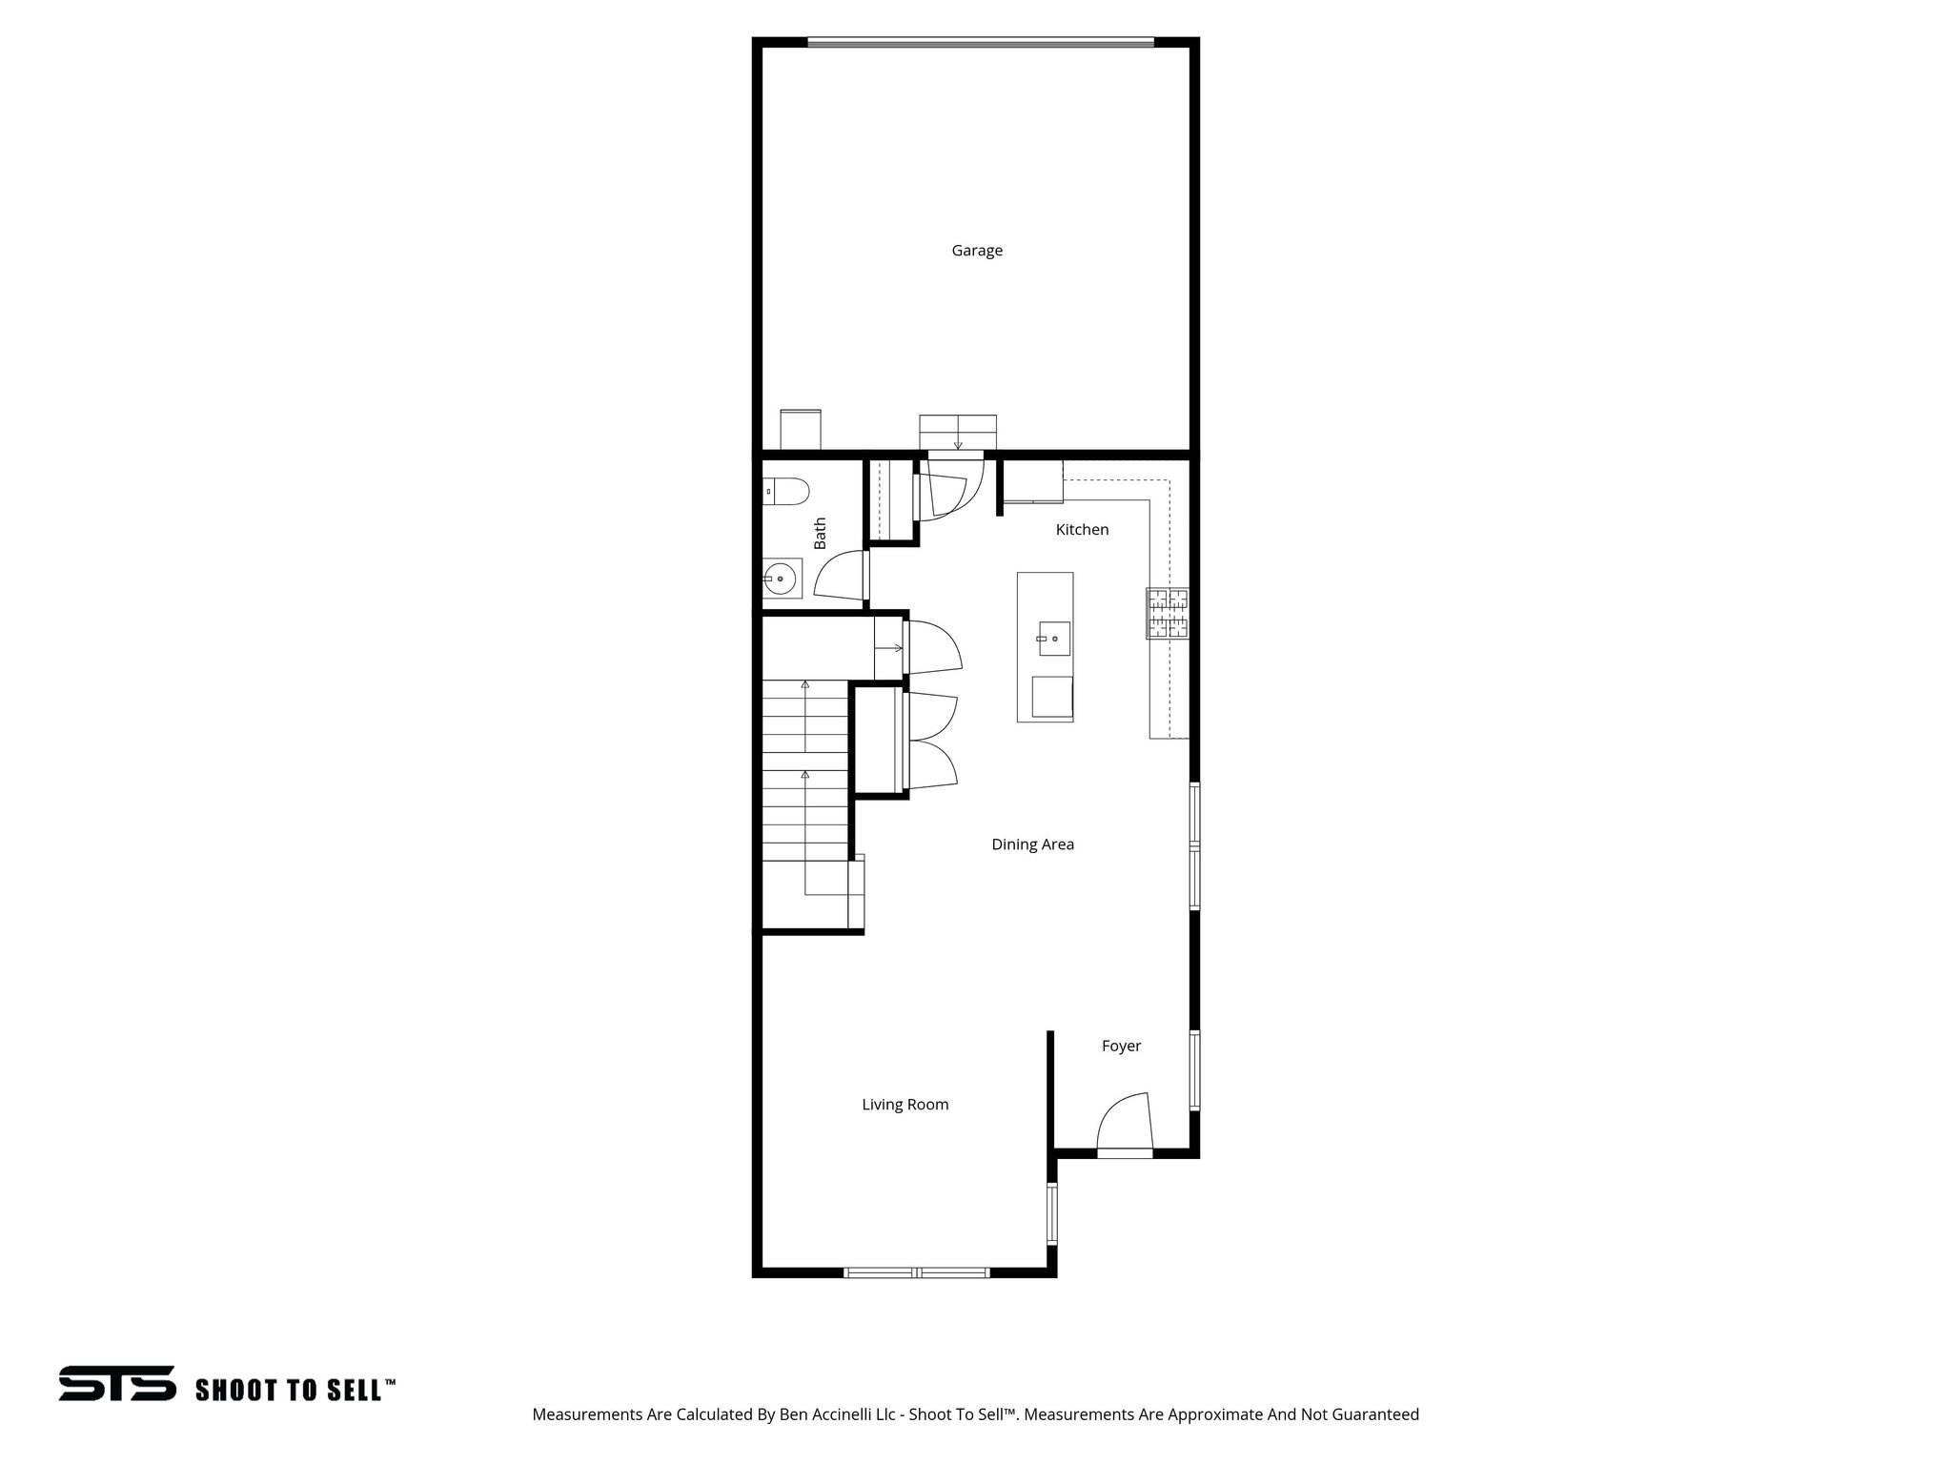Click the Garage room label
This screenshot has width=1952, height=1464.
point(977,251)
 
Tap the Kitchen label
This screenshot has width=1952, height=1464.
point(1082,530)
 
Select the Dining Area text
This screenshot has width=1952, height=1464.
point(1032,844)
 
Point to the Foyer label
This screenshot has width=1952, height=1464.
point(1121,1046)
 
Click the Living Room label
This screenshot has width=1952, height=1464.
point(905,1105)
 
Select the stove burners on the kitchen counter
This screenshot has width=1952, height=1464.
point(1168,613)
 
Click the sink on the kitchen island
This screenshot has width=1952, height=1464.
point(1054,639)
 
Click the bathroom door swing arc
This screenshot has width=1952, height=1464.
point(839,580)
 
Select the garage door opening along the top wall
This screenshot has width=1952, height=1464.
point(981,42)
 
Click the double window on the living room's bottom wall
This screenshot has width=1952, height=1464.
point(917,1271)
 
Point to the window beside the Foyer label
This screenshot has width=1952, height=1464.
point(1194,1069)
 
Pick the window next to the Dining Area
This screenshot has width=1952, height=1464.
point(1194,845)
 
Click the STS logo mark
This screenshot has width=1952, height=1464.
point(117,1383)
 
